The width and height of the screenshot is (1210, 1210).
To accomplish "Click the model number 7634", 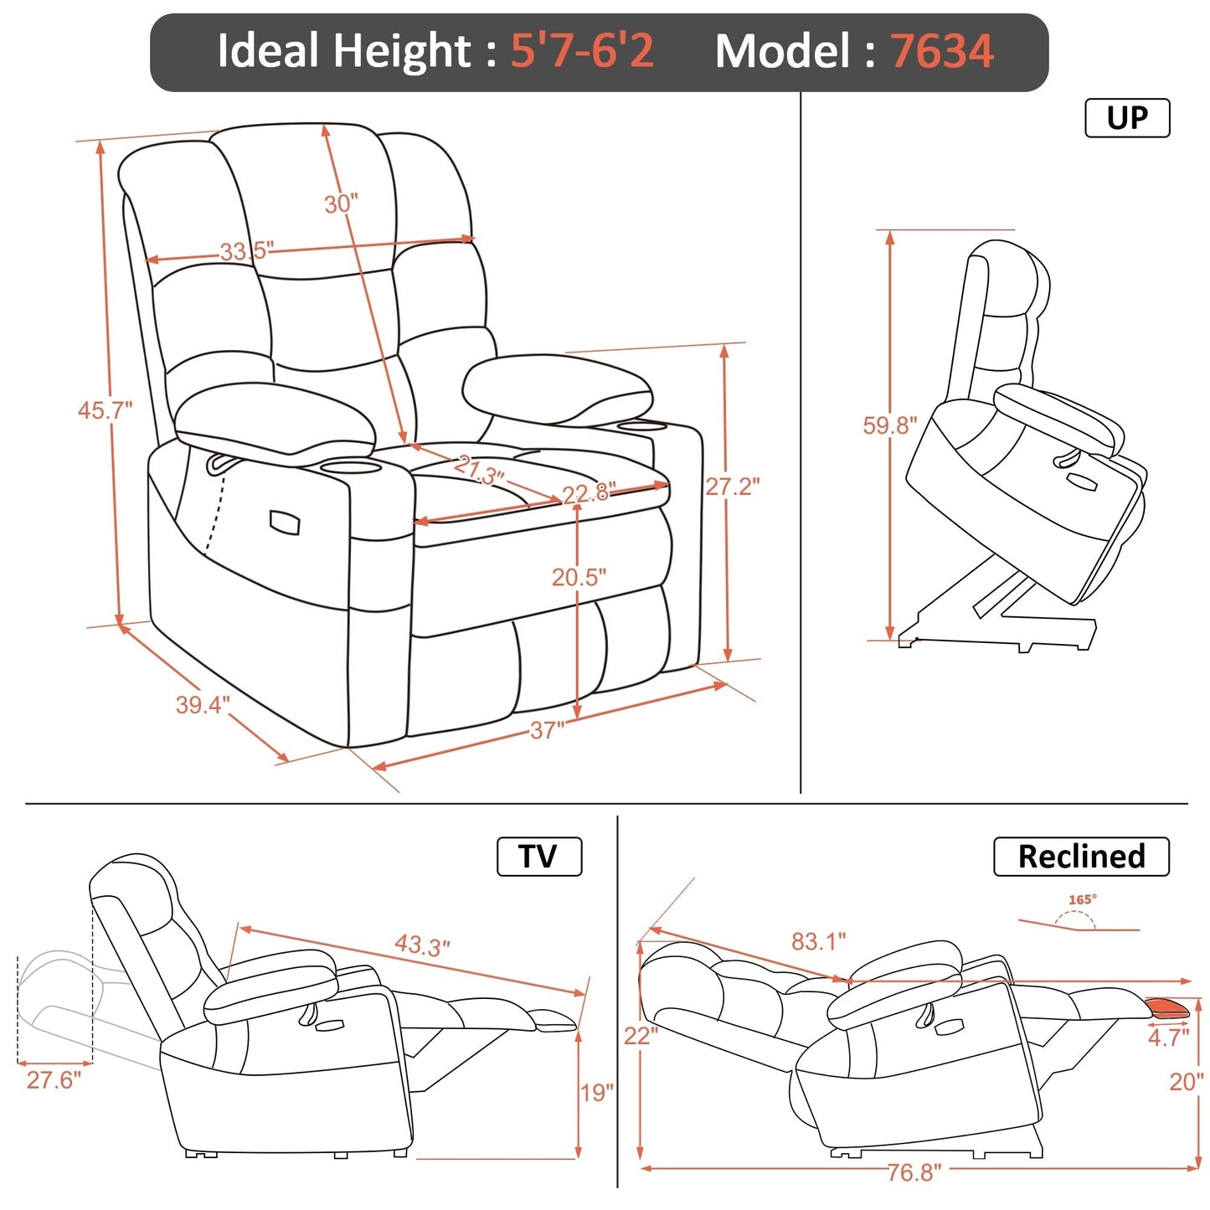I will point(941,51).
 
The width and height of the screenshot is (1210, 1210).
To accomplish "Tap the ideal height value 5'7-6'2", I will point(582,51).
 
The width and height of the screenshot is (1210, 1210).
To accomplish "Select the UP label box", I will point(1126,118).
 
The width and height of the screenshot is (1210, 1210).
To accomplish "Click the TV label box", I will point(538,857).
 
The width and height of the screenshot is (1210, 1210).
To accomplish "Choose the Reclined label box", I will point(1081,857).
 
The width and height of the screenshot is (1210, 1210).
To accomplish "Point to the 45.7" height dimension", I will point(105,410).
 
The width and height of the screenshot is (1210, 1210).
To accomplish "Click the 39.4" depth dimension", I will point(202,705).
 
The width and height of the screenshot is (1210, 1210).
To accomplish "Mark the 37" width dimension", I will point(548,731).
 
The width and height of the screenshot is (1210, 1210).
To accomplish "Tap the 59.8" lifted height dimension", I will point(890,425).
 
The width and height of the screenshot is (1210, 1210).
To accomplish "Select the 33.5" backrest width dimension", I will point(246,250).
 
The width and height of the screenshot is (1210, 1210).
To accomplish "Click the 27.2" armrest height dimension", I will point(733,487).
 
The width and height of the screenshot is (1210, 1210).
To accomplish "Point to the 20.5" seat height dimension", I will point(579,577).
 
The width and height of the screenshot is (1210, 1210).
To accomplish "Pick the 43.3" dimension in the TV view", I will point(422,946).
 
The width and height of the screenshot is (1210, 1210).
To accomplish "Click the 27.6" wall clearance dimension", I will point(54,1080).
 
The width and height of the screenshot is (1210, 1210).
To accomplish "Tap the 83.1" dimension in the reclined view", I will point(818,942).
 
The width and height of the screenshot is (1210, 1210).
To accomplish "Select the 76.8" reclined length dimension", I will point(914,1172).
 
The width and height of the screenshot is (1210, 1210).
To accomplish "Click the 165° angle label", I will point(1082,900).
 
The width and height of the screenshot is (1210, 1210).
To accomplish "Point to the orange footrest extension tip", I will point(1168,1007).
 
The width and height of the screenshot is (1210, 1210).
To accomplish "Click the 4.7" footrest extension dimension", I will point(1168,1038).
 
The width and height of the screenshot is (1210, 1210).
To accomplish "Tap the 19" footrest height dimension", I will point(596,1093).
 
